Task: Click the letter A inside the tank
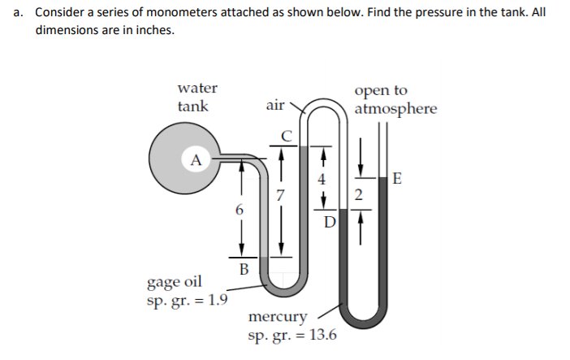click(195, 159)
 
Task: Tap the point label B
click(243, 268)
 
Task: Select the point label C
click(285, 134)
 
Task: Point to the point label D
click(329, 220)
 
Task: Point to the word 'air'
click(275, 105)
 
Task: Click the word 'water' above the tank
click(196, 88)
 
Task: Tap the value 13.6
click(322, 334)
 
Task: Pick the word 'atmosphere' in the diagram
click(395, 108)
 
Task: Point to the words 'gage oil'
click(174, 282)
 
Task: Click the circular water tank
click(183, 163)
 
